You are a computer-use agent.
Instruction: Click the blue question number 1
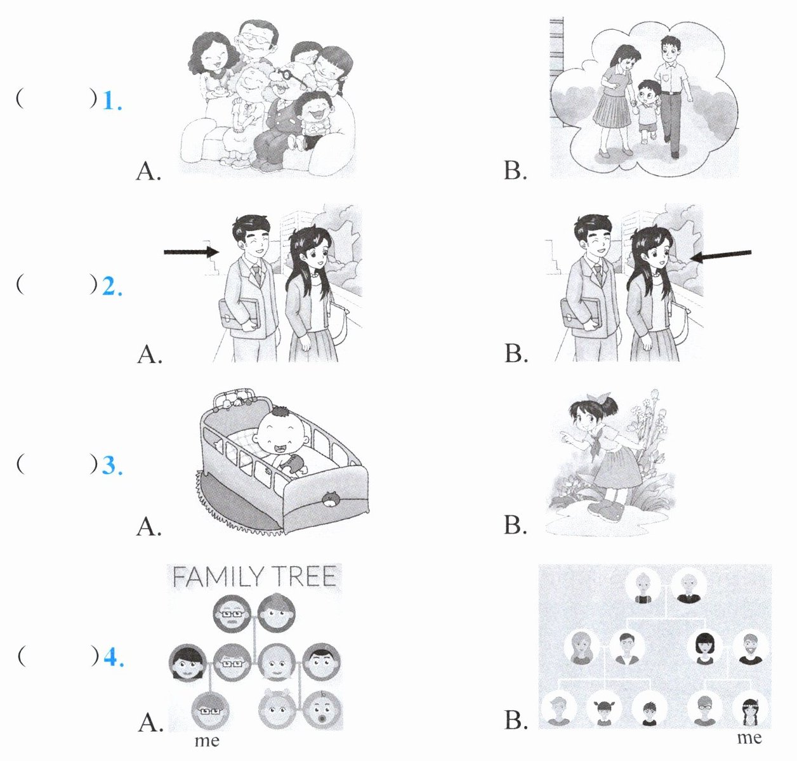(x=112, y=100)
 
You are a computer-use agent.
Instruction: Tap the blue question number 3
(x=112, y=466)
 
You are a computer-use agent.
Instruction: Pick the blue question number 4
(x=112, y=658)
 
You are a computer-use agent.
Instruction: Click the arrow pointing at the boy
(x=191, y=252)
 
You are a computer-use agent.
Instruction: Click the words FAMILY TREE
(x=254, y=577)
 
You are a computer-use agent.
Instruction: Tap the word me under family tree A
(x=207, y=741)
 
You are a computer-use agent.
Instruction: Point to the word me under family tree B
(x=749, y=737)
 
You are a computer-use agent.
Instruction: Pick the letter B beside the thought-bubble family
(x=515, y=170)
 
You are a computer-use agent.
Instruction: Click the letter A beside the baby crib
(x=148, y=526)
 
